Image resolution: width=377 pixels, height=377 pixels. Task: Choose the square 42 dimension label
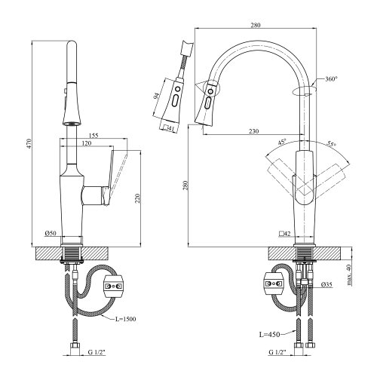click(x=285, y=234)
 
